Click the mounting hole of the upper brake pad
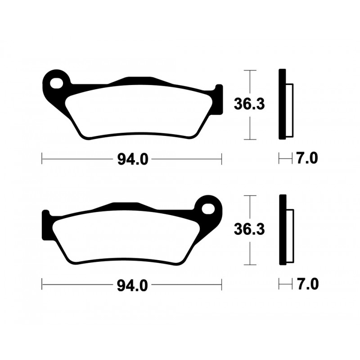coord(57,83)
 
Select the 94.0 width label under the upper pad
coord(131,159)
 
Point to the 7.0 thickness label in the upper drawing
coord(307,158)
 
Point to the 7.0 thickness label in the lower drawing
coord(307,284)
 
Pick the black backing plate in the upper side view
coord(282,104)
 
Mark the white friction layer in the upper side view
coord(289,110)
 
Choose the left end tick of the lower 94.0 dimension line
coord(42,284)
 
